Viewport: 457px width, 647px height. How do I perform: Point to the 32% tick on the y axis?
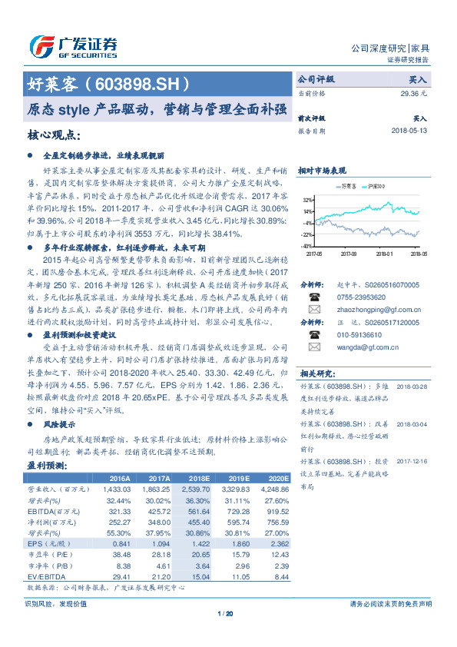tap(306, 199)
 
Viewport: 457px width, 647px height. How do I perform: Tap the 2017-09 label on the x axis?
tap(349, 253)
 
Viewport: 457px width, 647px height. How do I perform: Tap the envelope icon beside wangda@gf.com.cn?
tap(313, 347)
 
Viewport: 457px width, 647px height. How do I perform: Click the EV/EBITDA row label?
tap(45, 577)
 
